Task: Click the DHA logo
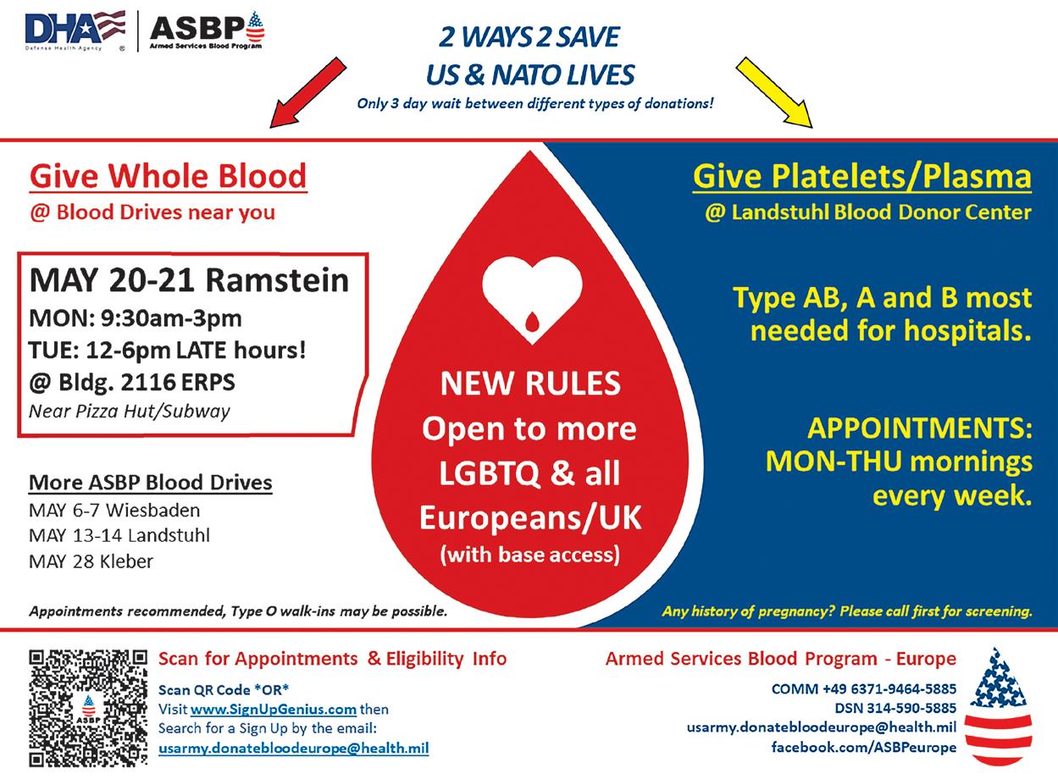(75, 30)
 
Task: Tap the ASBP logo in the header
(207, 30)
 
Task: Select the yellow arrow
(773, 91)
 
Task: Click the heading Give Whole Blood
(168, 177)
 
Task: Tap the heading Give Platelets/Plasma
(862, 177)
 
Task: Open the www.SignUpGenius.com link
(273, 709)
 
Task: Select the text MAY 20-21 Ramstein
(189, 280)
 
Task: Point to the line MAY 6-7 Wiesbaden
(114, 511)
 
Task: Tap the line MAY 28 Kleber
(91, 561)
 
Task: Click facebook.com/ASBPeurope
(863, 747)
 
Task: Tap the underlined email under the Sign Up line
(293, 748)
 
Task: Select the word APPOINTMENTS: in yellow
(919, 428)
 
